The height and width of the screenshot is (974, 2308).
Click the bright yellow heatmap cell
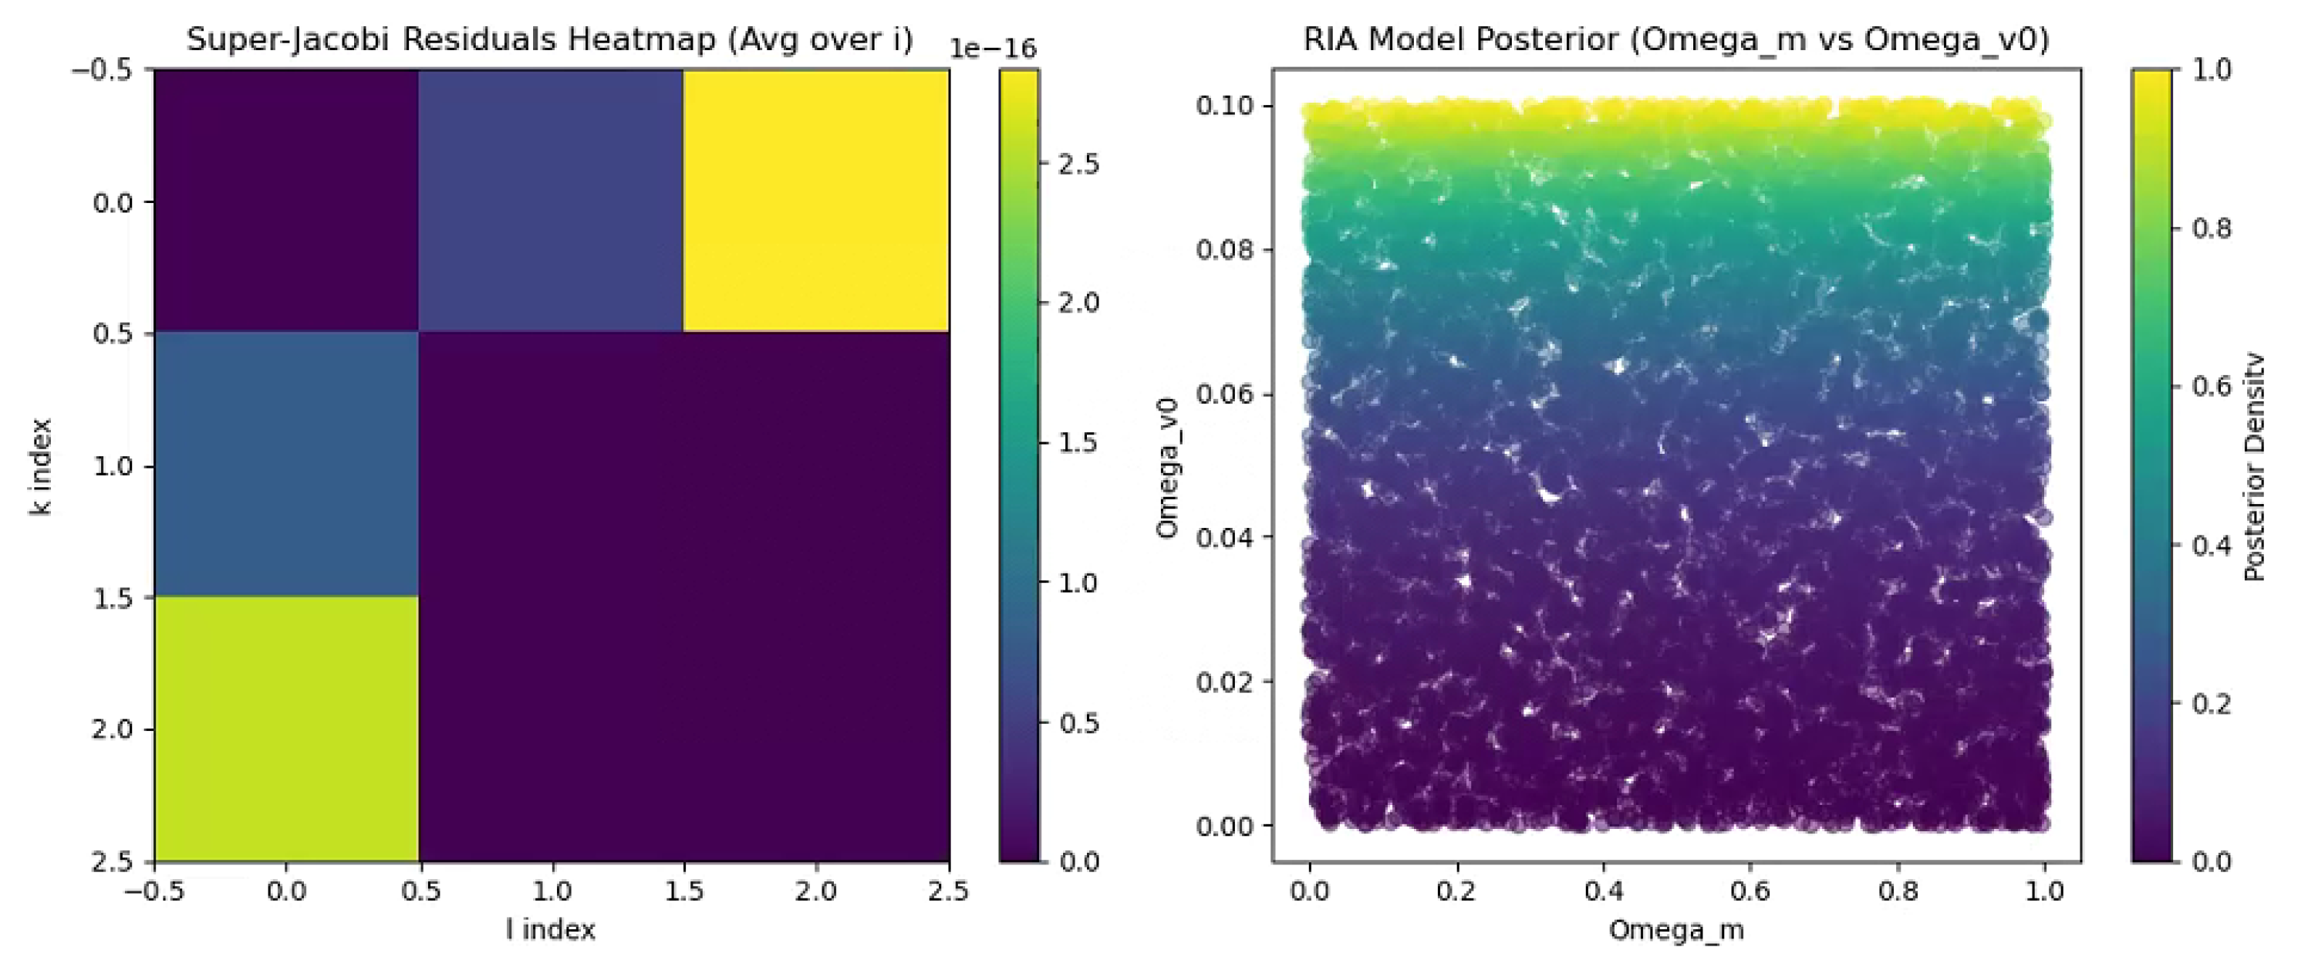[x=815, y=200]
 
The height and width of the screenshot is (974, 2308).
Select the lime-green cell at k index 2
[x=286, y=729]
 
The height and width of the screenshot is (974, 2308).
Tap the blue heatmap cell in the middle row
[x=286, y=464]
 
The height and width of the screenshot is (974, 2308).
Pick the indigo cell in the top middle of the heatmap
[x=551, y=200]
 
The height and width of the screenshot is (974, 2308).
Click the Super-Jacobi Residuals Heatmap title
[x=549, y=39]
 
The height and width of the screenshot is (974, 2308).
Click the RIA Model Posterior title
[x=1675, y=39]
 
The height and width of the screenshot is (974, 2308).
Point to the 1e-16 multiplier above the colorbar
[x=992, y=49]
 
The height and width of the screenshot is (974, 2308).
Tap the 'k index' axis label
[x=41, y=466]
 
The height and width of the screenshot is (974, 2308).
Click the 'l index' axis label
[x=550, y=930]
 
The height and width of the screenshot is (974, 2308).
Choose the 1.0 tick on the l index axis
[x=551, y=891]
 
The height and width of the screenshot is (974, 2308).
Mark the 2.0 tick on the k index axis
[x=112, y=729]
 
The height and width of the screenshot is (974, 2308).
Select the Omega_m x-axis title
[x=1675, y=930]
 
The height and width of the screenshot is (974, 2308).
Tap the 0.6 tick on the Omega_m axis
[x=1750, y=891]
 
